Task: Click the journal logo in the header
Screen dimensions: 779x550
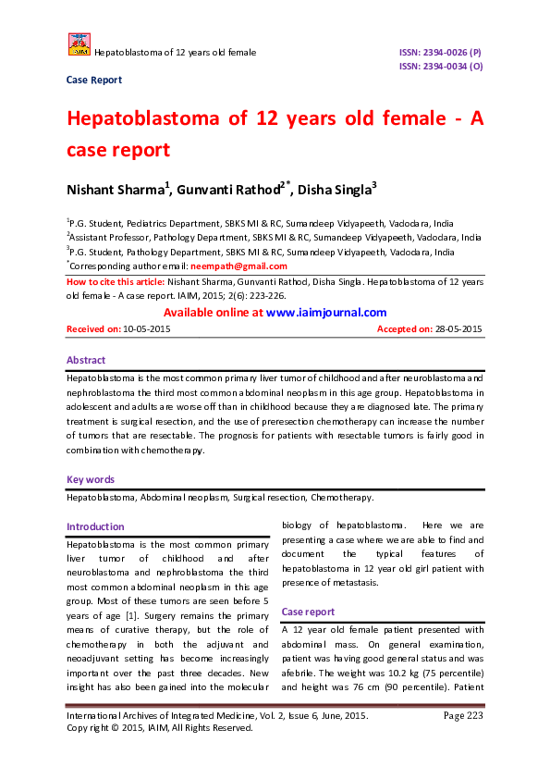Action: [x=79, y=43]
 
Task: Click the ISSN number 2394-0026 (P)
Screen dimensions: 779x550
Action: [x=440, y=53]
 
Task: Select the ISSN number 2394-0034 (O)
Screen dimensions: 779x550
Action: [x=440, y=67]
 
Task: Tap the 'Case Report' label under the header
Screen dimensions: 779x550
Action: [x=94, y=80]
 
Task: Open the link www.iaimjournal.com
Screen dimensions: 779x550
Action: [x=326, y=313]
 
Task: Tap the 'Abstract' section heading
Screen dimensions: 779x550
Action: [x=86, y=360]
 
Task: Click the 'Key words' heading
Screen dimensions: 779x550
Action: [x=91, y=480]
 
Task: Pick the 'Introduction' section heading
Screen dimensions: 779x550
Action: [x=95, y=526]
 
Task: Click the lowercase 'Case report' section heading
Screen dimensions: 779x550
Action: [x=309, y=612]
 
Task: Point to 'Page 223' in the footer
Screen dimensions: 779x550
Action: [x=463, y=716]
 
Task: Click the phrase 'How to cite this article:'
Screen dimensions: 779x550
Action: [x=116, y=279]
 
